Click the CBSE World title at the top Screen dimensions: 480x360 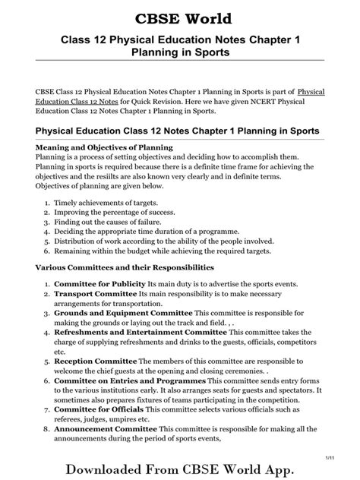pyautogui.click(x=180, y=18)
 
